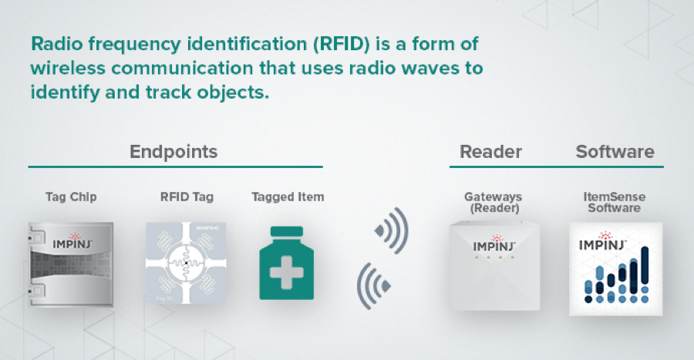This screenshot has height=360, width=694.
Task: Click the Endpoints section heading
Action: [x=173, y=152]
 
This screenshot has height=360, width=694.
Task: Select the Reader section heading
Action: [x=491, y=152]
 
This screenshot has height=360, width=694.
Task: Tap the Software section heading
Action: [x=615, y=152]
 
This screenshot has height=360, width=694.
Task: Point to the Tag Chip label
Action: [x=71, y=197]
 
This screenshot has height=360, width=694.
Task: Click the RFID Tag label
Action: [x=187, y=197]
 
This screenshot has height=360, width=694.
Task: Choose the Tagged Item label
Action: [x=288, y=197]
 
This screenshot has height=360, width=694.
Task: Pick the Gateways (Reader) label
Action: [x=494, y=202]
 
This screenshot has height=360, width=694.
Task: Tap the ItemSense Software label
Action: [x=615, y=202]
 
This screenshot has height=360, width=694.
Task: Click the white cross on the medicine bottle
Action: [x=286, y=272]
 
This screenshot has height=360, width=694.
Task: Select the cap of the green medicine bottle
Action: [x=286, y=232]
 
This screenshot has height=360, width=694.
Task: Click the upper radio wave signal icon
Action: [x=392, y=230]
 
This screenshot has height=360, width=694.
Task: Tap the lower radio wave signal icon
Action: [x=373, y=286]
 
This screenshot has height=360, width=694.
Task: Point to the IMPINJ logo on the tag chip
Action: [x=72, y=241]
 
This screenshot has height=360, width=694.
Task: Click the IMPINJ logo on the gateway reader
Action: [x=494, y=244]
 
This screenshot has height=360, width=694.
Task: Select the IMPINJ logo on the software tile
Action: [x=603, y=241]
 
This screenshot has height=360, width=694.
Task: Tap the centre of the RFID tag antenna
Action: [x=186, y=263]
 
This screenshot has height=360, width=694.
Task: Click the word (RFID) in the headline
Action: [x=342, y=44]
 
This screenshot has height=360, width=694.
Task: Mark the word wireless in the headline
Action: [x=68, y=68]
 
